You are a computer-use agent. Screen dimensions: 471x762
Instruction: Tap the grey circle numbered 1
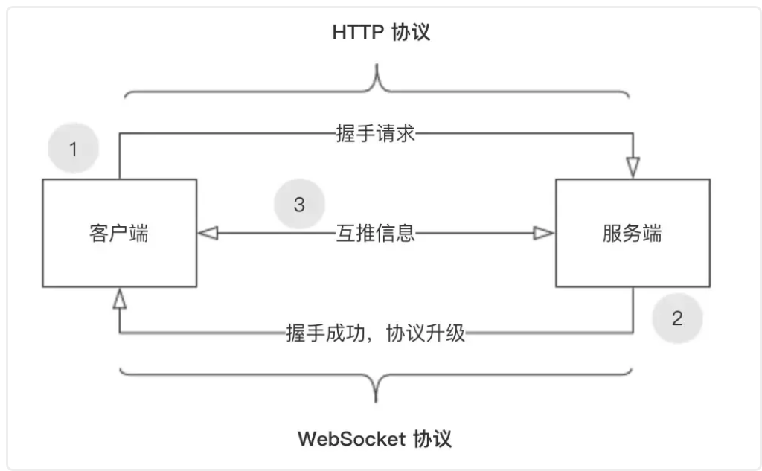tap(73, 150)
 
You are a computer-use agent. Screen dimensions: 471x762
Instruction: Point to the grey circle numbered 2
tap(677, 319)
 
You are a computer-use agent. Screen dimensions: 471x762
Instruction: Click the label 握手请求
tap(374, 134)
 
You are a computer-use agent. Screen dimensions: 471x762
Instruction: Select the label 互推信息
tap(374, 234)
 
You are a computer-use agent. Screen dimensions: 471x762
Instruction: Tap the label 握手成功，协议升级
tap(376, 333)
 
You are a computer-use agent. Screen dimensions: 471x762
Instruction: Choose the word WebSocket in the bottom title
tap(352, 438)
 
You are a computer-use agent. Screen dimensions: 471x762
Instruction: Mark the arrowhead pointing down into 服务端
tap(633, 168)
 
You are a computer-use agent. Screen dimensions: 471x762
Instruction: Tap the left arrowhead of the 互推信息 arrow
tap(208, 234)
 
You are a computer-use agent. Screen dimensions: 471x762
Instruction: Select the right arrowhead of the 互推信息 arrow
tap(544, 234)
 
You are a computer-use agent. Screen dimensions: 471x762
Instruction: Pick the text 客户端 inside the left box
tap(119, 233)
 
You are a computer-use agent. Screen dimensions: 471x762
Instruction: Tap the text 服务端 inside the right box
tap(633, 233)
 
